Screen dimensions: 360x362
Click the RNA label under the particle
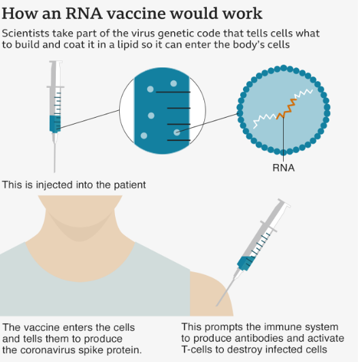pyautogui.click(x=283, y=168)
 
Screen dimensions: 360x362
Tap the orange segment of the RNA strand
pyautogui.click(x=287, y=109)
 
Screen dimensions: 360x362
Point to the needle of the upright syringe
pyautogui.click(x=54, y=158)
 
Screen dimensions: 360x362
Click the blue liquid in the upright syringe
pyautogui.click(x=55, y=124)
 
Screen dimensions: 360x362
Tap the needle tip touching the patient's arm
pyautogui.click(x=217, y=306)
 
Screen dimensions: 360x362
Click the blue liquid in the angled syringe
pyautogui.click(x=246, y=263)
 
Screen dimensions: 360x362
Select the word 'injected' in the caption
pyautogui.click(x=54, y=185)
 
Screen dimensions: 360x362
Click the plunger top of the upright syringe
pyautogui.click(x=56, y=62)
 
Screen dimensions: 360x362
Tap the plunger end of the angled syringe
pyautogui.click(x=284, y=202)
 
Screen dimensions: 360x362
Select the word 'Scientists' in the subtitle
pyautogui.click(x=25, y=33)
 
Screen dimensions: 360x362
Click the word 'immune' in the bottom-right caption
pyautogui.click(x=281, y=327)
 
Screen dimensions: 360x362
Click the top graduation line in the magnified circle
pyautogui.click(x=173, y=92)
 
